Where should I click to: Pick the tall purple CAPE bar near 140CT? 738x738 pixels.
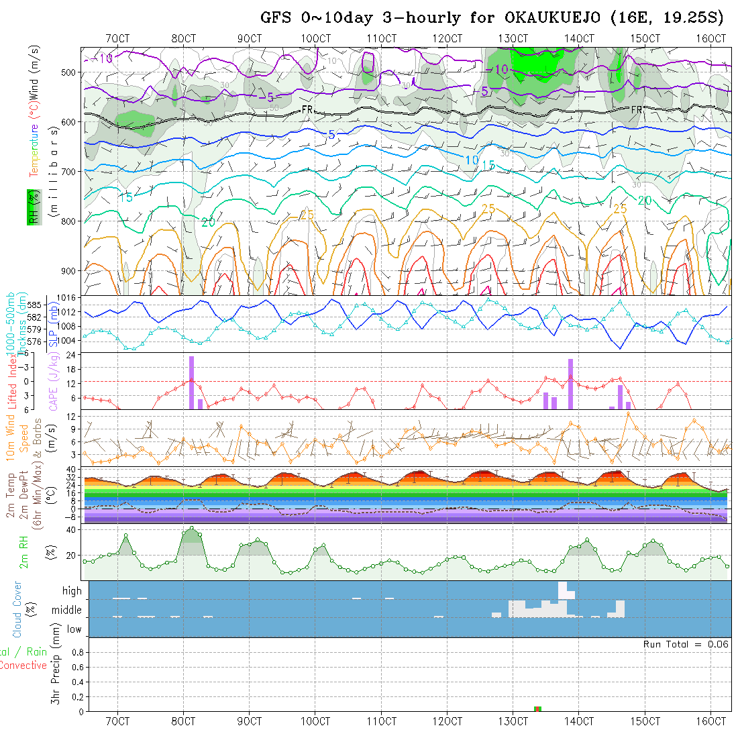[570, 384]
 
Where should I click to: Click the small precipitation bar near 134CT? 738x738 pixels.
[537, 708]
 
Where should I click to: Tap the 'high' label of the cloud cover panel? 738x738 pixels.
[72, 591]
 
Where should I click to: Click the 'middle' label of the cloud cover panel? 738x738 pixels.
[67, 611]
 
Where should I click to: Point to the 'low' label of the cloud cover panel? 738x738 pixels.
[74, 629]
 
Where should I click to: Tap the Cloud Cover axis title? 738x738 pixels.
[17, 609]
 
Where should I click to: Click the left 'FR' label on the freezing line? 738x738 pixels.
[307, 109]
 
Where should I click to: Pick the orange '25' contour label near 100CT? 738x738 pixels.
[307, 215]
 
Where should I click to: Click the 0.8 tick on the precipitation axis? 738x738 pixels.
[76, 651]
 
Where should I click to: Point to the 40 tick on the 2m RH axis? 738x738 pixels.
[68, 531]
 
